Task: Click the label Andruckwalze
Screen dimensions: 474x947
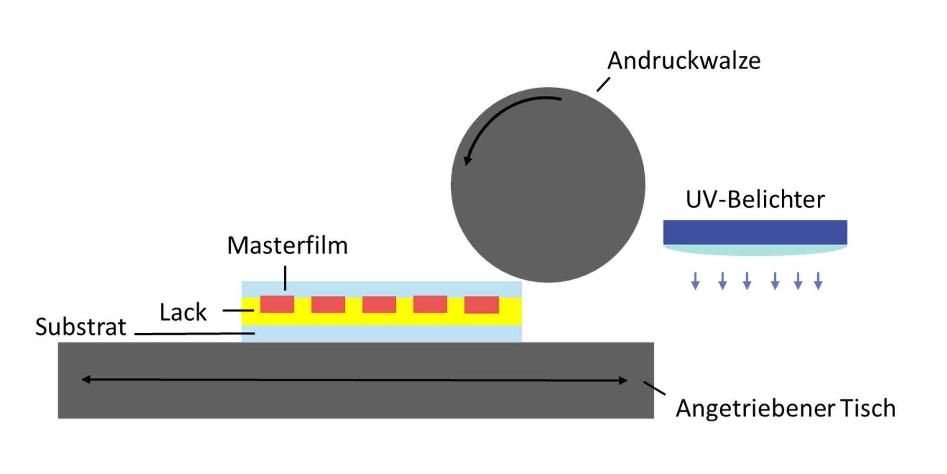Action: point(684,61)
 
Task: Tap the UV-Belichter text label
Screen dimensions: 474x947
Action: point(755,200)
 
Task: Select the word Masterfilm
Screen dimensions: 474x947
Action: point(287,246)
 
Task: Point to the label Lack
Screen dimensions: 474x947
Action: point(183,312)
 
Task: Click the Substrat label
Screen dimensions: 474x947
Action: point(81,327)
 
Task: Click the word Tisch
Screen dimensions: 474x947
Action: point(868,409)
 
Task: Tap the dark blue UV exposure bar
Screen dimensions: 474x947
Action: point(755,232)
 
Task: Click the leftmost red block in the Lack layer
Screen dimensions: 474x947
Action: point(277,304)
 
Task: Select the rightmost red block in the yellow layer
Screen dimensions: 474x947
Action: point(481,305)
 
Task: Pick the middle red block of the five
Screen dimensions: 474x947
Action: point(379,304)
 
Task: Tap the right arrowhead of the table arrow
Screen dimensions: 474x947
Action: point(624,380)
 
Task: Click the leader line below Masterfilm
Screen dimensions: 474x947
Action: point(285,278)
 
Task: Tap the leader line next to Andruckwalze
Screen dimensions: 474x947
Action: point(603,84)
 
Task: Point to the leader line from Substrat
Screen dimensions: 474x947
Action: point(194,334)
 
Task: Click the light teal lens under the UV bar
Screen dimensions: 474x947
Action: point(755,250)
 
